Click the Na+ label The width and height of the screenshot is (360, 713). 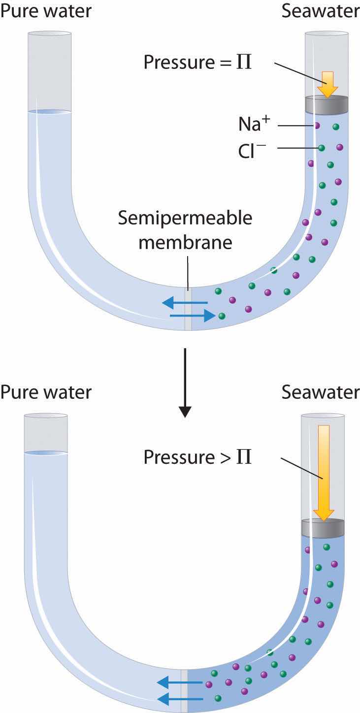point(255,125)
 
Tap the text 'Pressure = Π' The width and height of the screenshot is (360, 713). point(197,63)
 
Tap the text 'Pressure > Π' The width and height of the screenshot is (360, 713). point(197,456)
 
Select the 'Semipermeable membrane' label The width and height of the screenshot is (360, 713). point(185,230)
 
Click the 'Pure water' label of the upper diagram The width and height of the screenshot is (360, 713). point(45,11)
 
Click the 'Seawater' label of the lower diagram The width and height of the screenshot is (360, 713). point(320,392)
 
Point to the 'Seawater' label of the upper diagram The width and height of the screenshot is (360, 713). point(320,11)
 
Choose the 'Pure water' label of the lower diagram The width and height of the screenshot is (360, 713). point(45,392)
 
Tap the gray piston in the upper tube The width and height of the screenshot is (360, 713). point(327,104)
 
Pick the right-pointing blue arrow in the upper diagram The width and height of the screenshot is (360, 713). point(192,315)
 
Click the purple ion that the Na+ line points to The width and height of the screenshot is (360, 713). point(317,126)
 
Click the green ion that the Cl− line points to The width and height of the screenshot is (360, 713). point(322,147)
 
